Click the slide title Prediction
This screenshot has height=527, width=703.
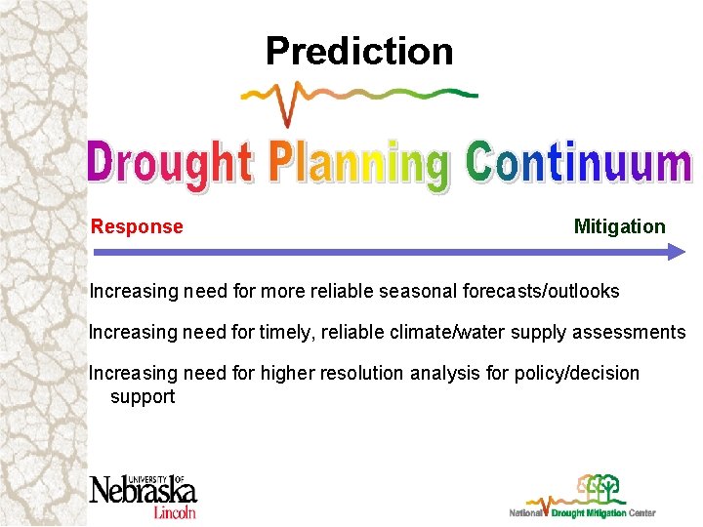[x=358, y=51]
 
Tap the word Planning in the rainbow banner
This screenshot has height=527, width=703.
[x=358, y=165]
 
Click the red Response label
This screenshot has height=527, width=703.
[x=137, y=226]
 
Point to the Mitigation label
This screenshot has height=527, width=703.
[x=619, y=226]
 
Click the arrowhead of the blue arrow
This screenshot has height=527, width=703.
[x=677, y=252]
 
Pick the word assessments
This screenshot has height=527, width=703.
[x=629, y=332]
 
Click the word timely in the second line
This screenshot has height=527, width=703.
[x=286, y=332]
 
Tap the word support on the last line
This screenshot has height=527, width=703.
[x=143, y=396]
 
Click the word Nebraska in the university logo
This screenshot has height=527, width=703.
[x=143, y=490]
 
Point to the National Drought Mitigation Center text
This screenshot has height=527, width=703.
[x=583, y=512]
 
